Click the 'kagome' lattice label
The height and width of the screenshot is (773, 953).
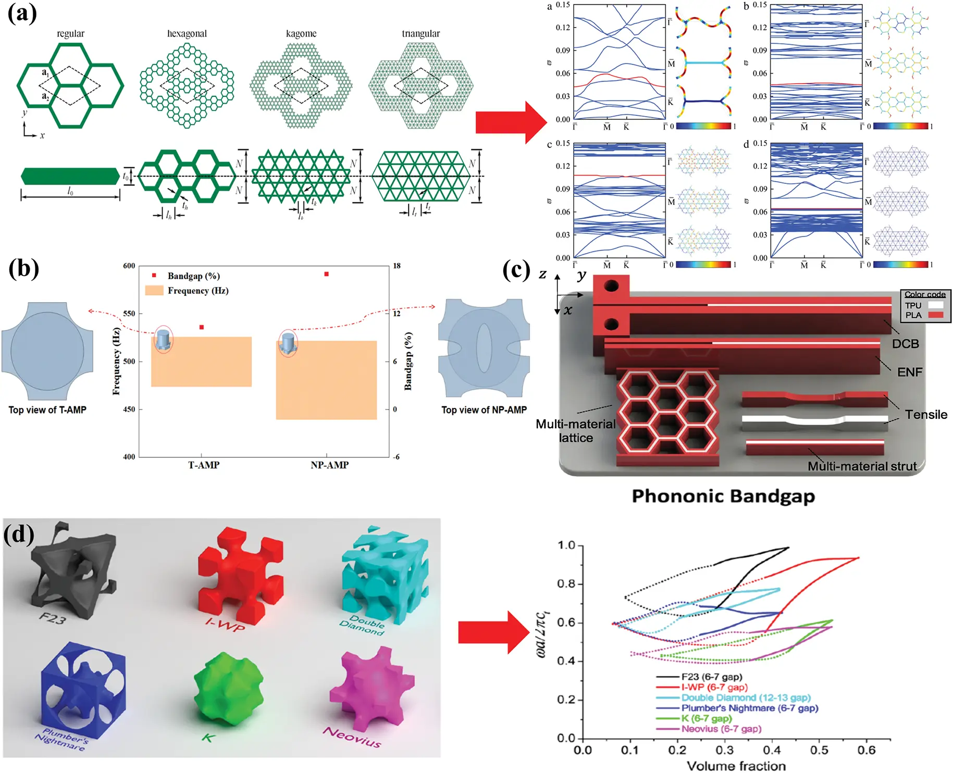(x=301, y=33)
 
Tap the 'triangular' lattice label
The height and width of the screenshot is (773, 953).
(x=420, y=33)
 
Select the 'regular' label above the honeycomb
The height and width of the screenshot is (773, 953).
(x=70, y=33)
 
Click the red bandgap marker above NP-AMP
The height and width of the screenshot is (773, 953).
(x=327, y=274)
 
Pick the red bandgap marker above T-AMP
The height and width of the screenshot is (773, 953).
(x=202, y=327)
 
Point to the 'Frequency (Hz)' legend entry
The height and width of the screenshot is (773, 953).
(x=197, y=291)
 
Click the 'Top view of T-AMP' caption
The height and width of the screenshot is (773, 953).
(x=47, y=410)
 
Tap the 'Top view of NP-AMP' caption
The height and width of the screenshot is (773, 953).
(x=484, y=410)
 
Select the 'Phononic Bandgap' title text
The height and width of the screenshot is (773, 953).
(x=723, y=496)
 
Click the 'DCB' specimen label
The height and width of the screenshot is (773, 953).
(x=905, y=344)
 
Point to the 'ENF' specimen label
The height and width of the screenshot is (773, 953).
(x=909, y=372)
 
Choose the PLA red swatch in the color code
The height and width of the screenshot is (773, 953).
(x=936, y=315)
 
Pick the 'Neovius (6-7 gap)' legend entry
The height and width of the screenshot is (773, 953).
(x=721, y=729)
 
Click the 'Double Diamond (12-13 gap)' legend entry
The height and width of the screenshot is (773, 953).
(x=746, y=697)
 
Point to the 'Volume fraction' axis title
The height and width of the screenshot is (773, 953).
(x=736, y=766)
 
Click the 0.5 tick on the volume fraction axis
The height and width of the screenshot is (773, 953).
(x=819, y=750)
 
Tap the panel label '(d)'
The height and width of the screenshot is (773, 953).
(x=19, y=534)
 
